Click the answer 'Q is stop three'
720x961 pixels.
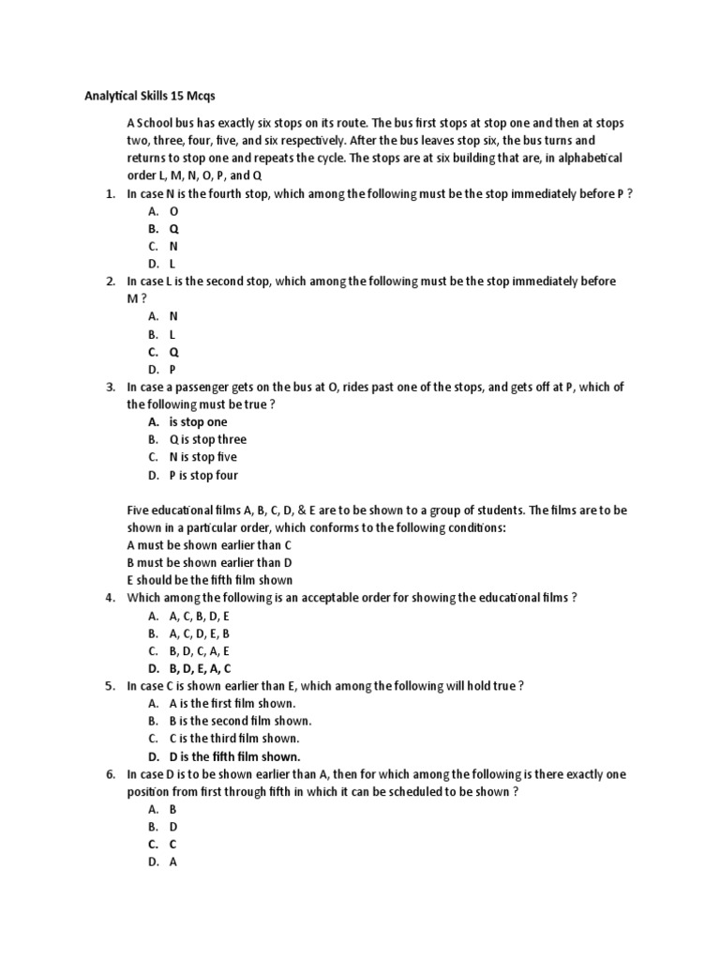pos(207,439)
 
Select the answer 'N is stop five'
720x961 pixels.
pos(202,457)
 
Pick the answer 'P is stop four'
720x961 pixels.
pos(203,475)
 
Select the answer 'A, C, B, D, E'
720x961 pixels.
pos(199,616)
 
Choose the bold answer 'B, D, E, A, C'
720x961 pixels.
pos(200,668)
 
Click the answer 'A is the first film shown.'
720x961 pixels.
pos(232,703)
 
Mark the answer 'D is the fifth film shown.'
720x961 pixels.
pos(234,756)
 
